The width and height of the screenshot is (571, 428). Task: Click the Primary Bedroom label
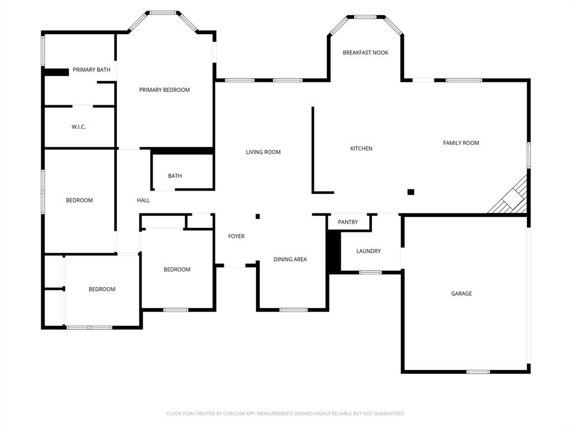coord(164,90)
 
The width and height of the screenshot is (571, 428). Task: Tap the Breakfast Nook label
coord(365,52)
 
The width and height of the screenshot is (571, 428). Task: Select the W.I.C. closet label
coord(79,127)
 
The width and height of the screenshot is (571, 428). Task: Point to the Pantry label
coord(348,222)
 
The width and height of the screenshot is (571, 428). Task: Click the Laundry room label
coord(369,251)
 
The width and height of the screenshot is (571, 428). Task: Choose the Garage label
coord(461,294)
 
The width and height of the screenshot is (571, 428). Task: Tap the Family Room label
coord(461,143)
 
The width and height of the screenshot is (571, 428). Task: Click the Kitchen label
coord(361,149)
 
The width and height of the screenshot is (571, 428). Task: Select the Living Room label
coord(263,152)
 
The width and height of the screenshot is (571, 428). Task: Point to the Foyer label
coord(236,236)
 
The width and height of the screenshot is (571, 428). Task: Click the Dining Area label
coord(290,259)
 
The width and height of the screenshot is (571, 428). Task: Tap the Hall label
coord(143,201)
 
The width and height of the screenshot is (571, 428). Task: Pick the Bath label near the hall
coord(175,176)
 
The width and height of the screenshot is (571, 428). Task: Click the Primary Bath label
coord(91,70)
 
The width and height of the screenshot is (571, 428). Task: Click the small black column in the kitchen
coord(411,192)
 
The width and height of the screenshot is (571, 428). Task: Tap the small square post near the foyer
coord(258,216)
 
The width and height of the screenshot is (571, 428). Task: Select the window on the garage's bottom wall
coord(478,372)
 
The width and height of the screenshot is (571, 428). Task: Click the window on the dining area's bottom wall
coord(293,310)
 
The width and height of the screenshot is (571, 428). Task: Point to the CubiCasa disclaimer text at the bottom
coord(285,414)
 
